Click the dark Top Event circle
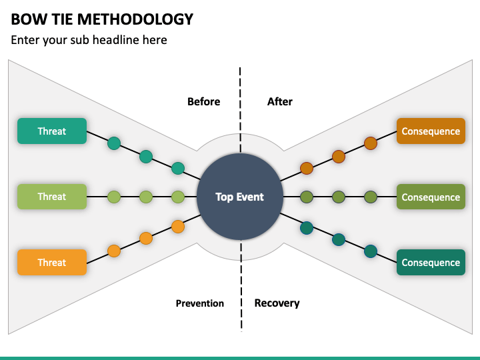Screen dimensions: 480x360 [240, 197]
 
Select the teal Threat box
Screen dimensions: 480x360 [52, 131]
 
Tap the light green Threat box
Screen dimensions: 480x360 [52, 197]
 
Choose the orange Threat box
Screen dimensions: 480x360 [52, 263]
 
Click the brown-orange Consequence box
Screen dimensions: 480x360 [431, 131]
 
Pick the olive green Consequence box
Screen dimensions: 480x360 [431, 197]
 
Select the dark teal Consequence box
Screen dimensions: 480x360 [431, 263]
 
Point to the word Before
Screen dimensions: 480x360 [203, 101]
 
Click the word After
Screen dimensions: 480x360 [280, 101]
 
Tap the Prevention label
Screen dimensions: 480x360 [199, 303]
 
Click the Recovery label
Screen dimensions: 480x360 [277, 303]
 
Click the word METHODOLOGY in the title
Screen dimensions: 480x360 [135, 19]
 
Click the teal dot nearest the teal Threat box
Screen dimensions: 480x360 [114, 143]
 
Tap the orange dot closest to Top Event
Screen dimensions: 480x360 [178, 227]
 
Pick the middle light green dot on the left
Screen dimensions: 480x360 [146, 197]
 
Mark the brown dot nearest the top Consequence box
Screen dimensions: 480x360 [371, 143]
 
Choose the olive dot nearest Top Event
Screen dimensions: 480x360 [307, 197]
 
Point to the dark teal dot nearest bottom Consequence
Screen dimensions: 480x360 [371, 251]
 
